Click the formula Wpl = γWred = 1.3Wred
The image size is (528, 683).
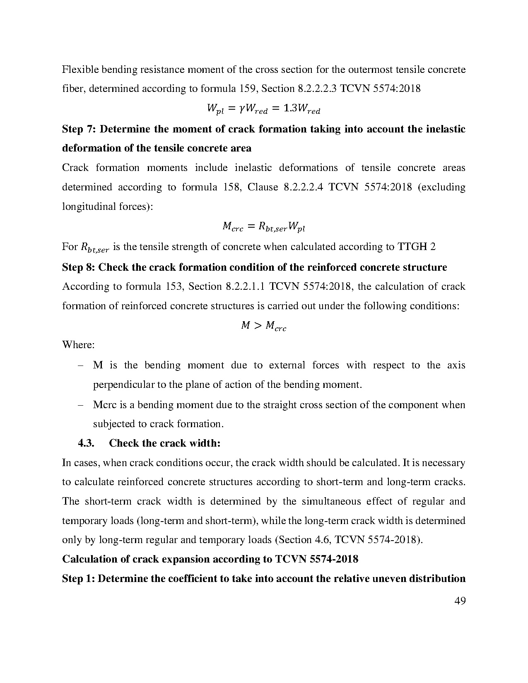[x=263, y=109]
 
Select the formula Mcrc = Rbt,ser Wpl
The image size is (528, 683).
[x=263, y=226]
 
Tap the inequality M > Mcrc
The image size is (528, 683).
[x=263, y=326]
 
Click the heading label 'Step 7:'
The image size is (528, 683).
[x=79, y=129]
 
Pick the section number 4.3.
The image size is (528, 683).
[x=86, y=443]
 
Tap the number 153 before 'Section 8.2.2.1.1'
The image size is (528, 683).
[x=173, y=286]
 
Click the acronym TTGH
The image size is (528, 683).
[x=412, y=247]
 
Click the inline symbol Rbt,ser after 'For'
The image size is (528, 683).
[x=95, y=248]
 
